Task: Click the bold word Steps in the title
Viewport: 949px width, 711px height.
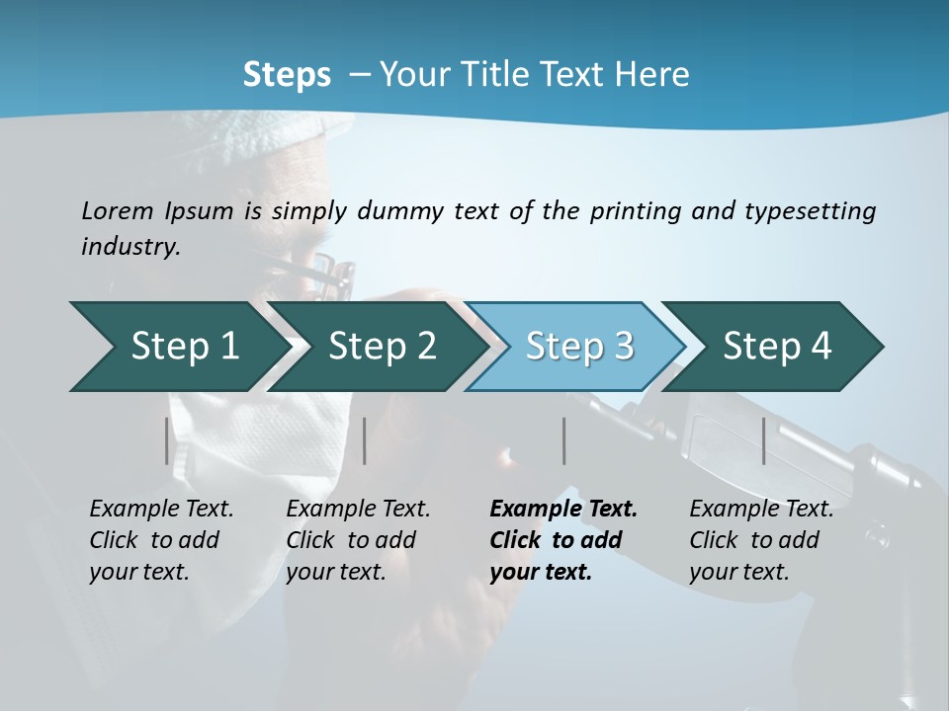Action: pos(287,75)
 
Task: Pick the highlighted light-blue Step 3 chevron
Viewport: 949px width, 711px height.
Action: pos(579,347)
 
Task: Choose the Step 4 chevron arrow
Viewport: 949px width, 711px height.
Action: pos(777,347)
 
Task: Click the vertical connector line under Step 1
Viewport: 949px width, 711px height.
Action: pos(167,440)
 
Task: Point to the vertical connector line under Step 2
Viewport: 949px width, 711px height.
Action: pos(365,440)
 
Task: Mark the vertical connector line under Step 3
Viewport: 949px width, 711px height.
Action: pos(564,440)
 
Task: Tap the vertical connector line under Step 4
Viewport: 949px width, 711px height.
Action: pos(764,440)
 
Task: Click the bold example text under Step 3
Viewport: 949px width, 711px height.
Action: pos(563,540)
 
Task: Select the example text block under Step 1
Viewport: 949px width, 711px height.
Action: pos(161,540)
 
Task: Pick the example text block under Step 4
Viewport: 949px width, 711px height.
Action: pos(761,540)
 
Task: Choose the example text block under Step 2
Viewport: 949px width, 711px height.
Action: pos(358,540)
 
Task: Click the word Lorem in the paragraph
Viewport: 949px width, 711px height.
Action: pos(118,210)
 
